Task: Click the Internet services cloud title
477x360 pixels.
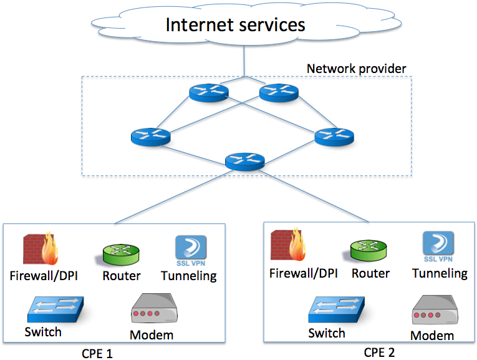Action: point(235,24)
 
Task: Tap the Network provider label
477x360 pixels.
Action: point(357,68)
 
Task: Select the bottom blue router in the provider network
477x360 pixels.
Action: point(244,162)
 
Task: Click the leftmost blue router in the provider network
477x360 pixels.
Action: point(150,136)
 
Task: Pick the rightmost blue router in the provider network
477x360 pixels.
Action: point(334,136)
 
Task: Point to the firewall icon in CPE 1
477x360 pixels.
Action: point(41,250)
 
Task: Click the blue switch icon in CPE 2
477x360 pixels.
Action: point(335,311)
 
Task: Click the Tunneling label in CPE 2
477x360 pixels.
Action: point(439,273)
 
